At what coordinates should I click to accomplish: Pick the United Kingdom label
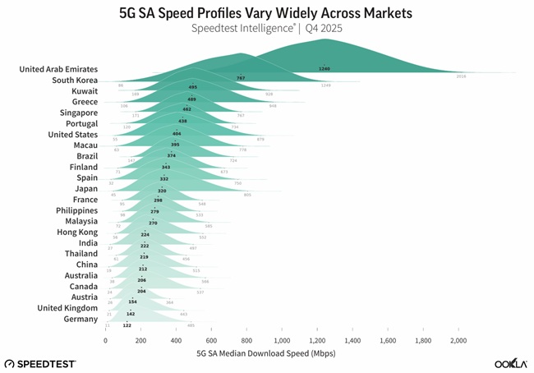(65, 308)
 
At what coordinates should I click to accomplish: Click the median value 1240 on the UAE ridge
(325, 69)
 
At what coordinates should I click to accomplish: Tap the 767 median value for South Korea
(241, 78)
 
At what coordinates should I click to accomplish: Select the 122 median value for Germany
(127, 325)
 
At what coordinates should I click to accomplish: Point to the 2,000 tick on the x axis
(458, 340)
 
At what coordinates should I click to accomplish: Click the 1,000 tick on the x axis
(282, 340)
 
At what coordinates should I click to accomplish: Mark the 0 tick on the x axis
(105, 340)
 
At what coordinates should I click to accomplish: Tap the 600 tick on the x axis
(211, 340)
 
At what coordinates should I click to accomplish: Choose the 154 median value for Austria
(132, 302)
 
